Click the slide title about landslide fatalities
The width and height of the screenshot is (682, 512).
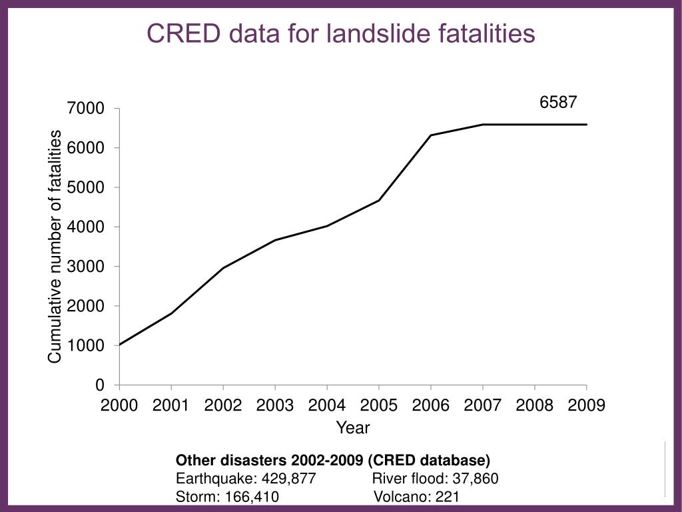[x=340, y=33]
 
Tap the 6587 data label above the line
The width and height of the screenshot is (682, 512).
[x=557, y=102]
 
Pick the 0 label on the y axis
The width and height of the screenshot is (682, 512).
[x=100, y=385]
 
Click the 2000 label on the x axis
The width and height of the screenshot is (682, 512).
[x=119, y=405]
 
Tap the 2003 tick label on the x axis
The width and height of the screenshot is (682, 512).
[x=275, y=405]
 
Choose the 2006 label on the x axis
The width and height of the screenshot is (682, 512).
[x=431, y=405]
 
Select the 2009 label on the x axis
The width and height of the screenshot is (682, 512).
[x=587, y=405]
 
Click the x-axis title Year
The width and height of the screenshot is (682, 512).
[x=352, y=427]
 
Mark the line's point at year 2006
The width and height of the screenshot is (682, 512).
[x=431, y=135]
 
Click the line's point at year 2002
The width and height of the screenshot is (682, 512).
[x=223, y=268]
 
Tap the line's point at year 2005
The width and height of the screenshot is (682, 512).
[x=379, y=200]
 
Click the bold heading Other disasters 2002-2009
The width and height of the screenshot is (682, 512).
[x=332, y=461]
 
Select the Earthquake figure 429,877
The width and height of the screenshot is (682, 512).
[x=288, y=479]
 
